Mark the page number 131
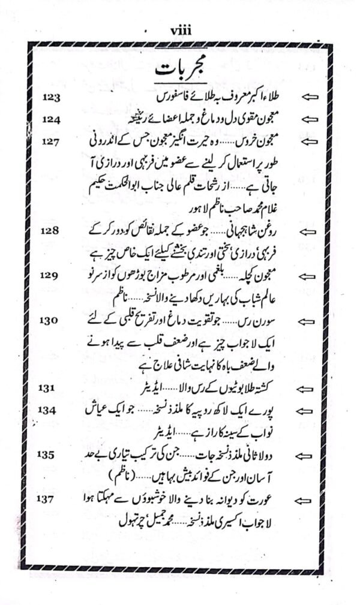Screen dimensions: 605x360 point(51,389)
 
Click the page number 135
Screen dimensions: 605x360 point(51,454)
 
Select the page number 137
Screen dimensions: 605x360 point(51,499)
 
